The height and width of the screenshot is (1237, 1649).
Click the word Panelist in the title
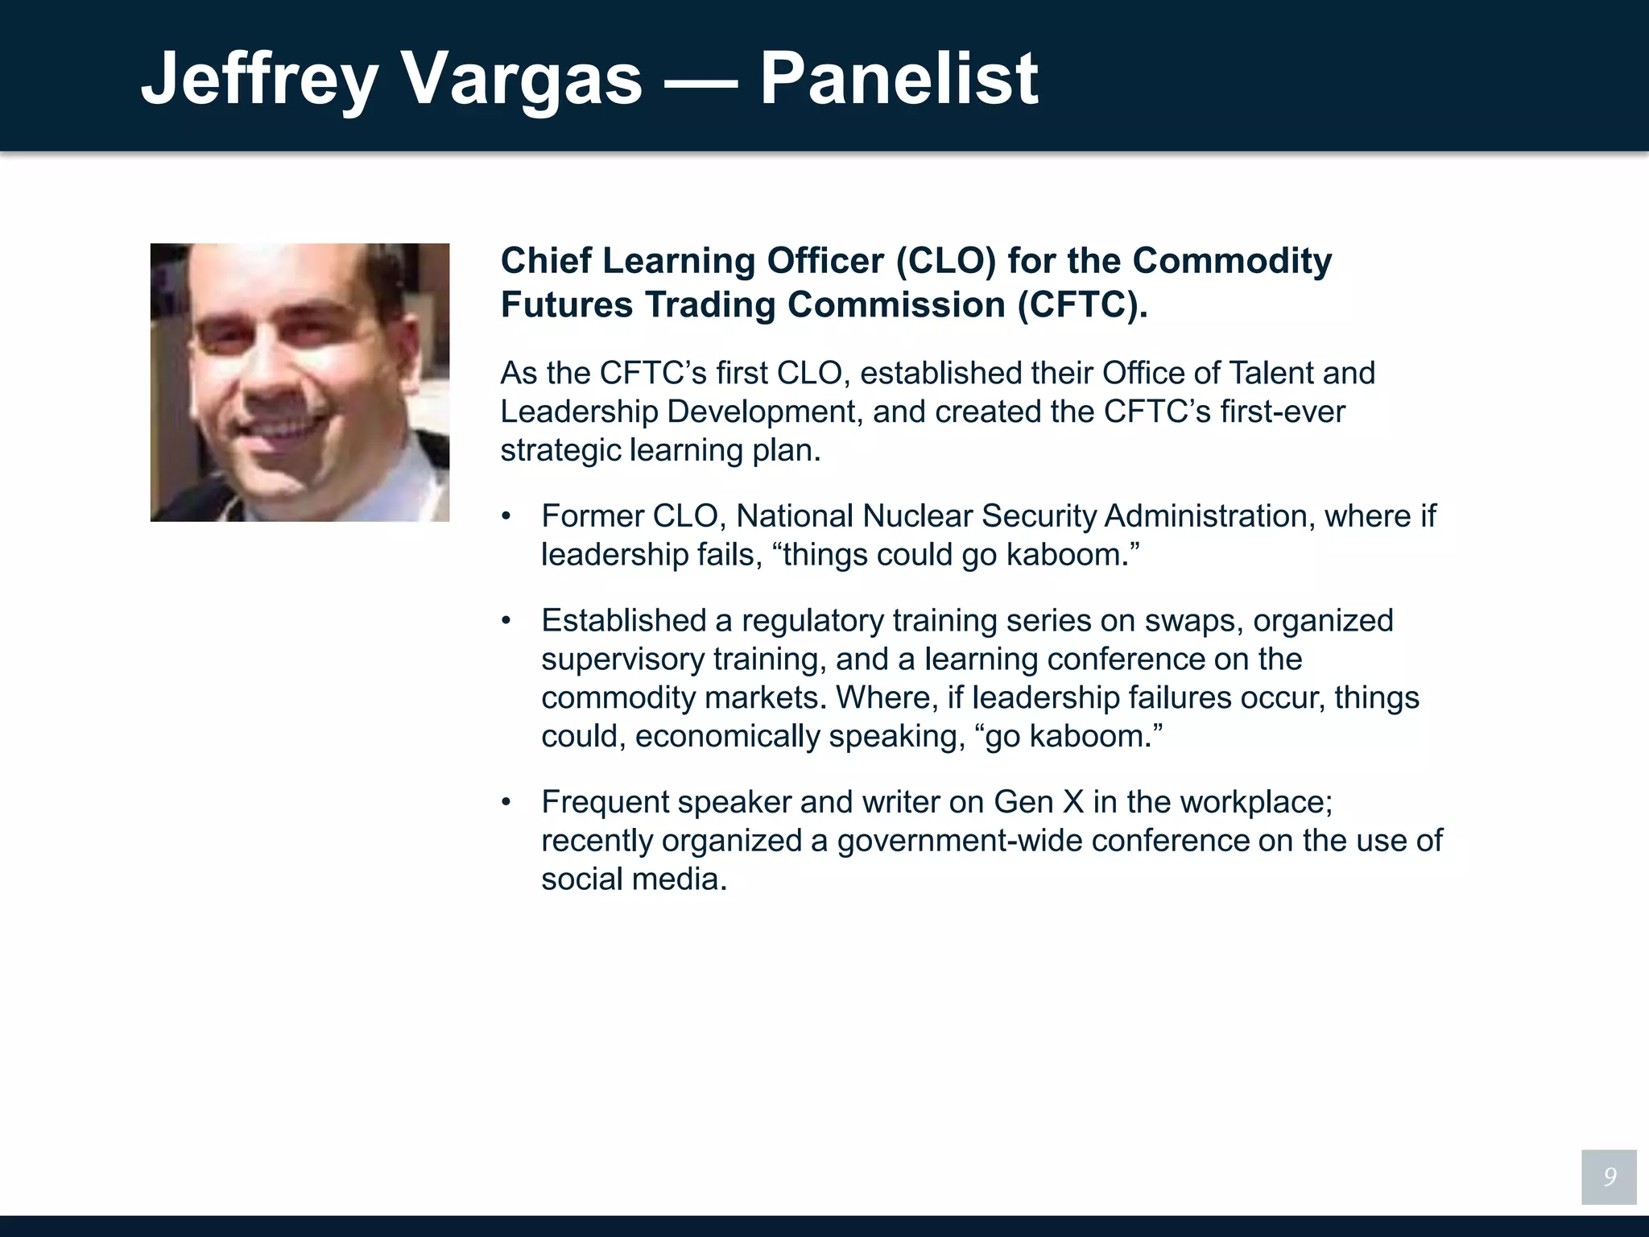coord(899,78)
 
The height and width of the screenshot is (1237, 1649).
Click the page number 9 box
coord(1608,1177)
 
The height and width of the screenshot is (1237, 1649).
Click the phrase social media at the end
coord(633,879)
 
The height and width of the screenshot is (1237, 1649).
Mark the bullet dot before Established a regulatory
coord(506,621)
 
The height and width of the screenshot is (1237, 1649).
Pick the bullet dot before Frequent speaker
coord(506,802)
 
